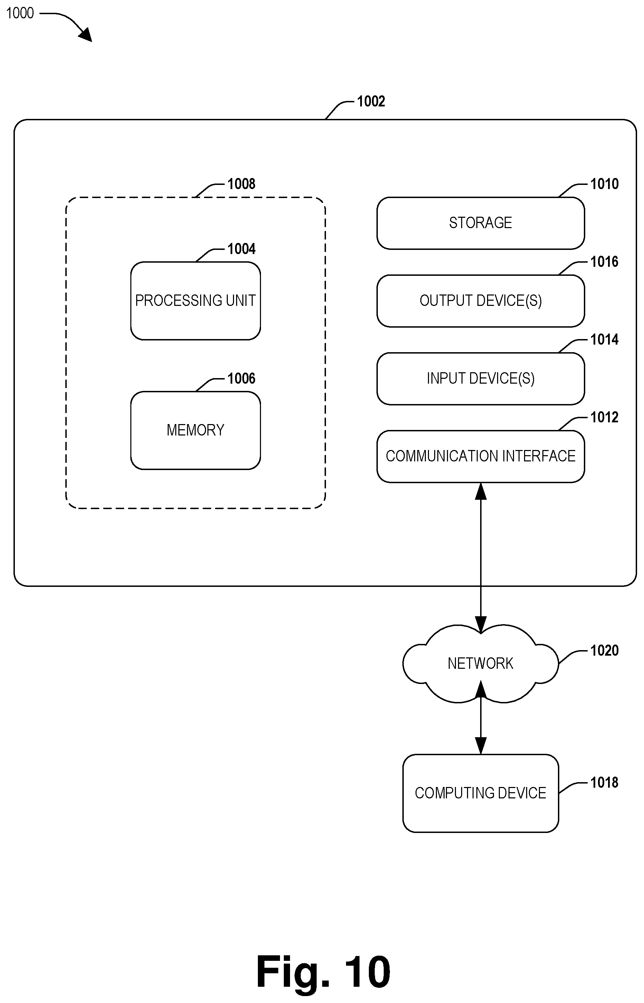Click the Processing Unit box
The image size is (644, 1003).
tap(195, 301)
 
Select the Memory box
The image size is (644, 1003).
tap(195, 430)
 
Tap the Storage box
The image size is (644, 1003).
tap(480, 223)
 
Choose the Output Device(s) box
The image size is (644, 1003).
tap(480, 301)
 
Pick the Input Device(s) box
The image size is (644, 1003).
tap(480, 378)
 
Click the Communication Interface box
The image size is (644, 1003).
tap(480, 456)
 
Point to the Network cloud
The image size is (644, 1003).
tap(480, 664)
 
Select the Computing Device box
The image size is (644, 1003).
tap(480, 793)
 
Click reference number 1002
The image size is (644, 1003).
tap(371, 101)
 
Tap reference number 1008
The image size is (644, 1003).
tap(241, 184)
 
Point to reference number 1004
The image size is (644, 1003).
tap(241, 249)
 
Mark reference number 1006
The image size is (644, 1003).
tap(241, 378)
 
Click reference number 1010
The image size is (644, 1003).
tap(604, 184)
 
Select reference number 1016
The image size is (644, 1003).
tap(604, 261)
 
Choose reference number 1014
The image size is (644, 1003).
tap(604, 339)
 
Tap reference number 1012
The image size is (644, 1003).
tap(604, 417)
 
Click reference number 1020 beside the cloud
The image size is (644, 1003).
tap(604, 650)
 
